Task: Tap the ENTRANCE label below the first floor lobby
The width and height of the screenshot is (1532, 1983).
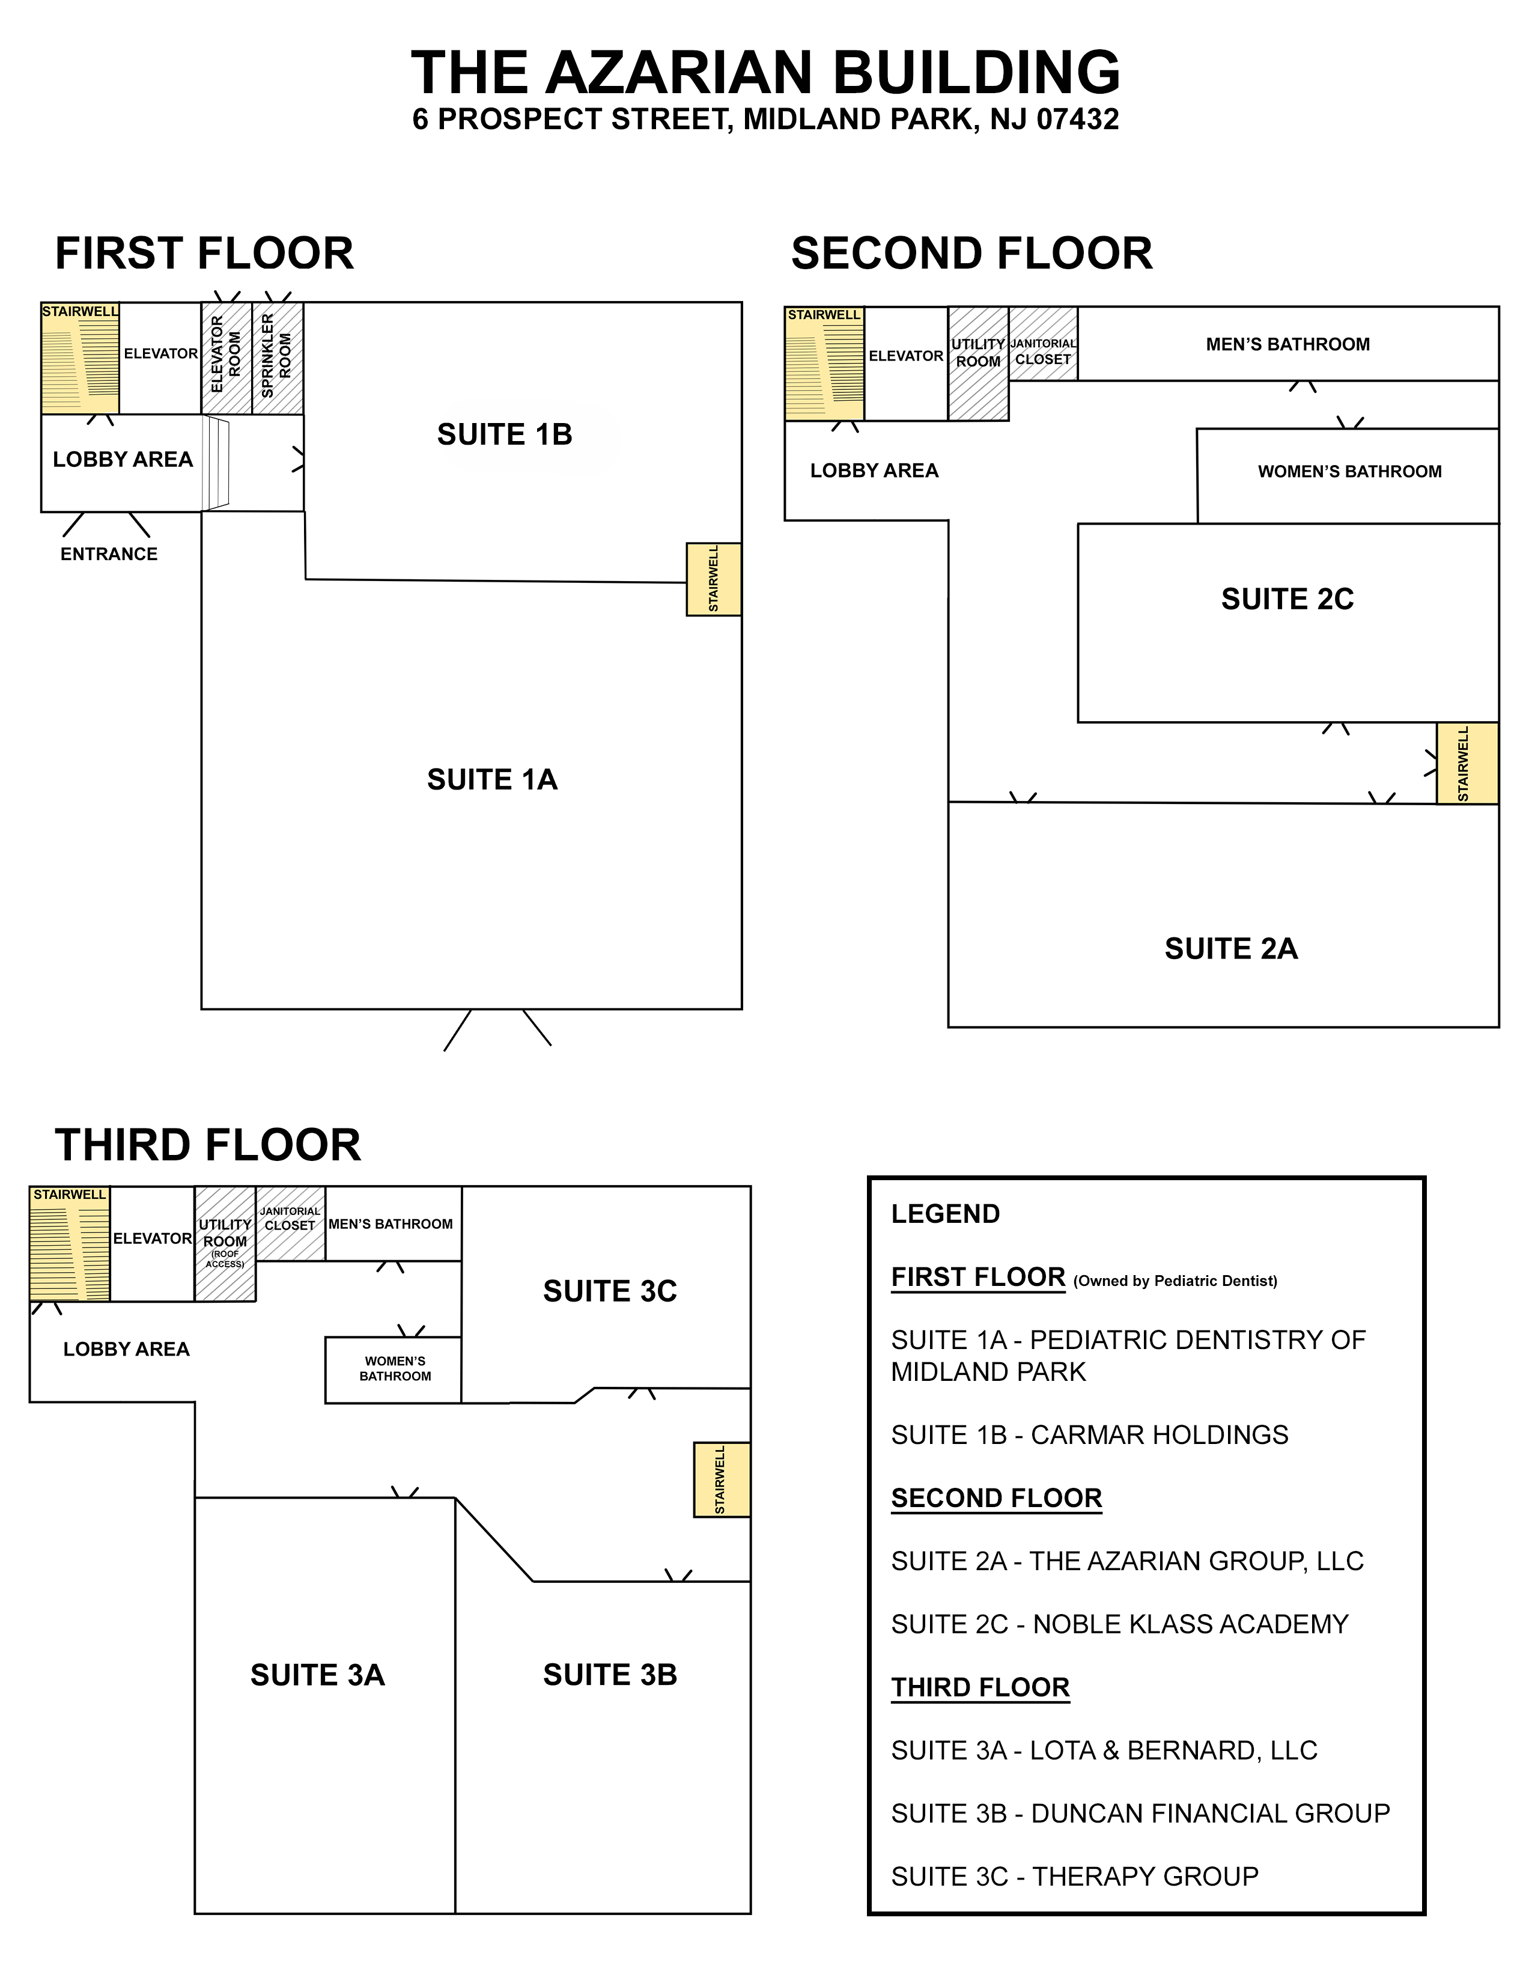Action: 109,554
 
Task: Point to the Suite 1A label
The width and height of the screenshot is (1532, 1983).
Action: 492,779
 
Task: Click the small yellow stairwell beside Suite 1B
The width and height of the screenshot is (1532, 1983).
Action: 713,579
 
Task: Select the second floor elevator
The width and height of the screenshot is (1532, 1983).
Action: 906,363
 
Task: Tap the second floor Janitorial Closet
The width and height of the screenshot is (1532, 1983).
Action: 1043,343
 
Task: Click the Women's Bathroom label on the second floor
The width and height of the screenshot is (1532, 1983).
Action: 1349,471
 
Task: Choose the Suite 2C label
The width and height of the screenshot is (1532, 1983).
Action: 1287,599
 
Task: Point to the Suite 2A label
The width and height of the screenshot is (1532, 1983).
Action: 1230,949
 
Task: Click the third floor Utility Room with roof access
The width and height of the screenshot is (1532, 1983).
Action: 225,1244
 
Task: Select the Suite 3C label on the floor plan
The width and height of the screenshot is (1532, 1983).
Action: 610,1291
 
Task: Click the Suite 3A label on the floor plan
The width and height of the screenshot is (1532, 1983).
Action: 318,1675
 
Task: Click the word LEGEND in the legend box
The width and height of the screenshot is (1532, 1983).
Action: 946,1214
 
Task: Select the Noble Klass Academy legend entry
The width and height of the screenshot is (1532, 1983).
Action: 1120,1624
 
